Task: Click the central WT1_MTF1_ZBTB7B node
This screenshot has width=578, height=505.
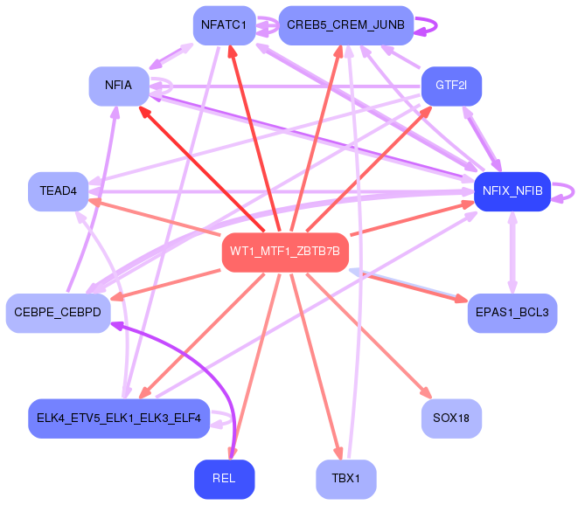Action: [x=285, y=252]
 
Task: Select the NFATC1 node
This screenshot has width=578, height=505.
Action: [x=224, y=25]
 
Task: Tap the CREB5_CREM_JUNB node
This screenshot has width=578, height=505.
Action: [x=345, y=25]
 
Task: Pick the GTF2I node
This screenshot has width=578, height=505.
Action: [x=451, y=86]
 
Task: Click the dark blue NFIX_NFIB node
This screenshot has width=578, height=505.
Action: [x=512, y=191]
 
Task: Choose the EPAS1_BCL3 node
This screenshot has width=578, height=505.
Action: [x=512, y=313]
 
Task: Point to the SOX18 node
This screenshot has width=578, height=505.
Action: [x=451, y=419]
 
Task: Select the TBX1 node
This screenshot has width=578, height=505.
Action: [x=345, y=479]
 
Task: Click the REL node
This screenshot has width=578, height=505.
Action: [x=224, y=479]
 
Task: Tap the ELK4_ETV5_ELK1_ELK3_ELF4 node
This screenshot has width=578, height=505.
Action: [x=119, y=419]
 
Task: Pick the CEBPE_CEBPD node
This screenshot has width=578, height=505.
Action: [x=58, y=313]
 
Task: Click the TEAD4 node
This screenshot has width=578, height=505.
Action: [x=59, y=191]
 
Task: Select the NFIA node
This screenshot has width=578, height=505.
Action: [x=119, y=86]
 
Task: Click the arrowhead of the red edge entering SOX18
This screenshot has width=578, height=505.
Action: [x=427, y=392]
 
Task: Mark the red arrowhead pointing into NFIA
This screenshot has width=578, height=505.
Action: [x=144, y=112]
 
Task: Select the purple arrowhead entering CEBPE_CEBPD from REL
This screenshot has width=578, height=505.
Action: [x=117, y=325]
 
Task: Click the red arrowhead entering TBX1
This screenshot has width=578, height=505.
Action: [x=338, y=453]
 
